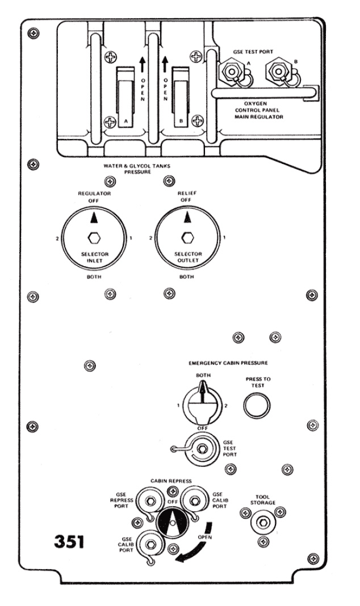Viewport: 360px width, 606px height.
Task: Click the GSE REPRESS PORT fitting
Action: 150,501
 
